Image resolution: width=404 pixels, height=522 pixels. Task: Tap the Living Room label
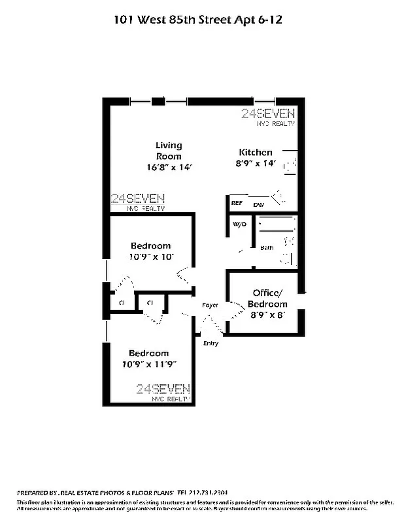tap(169, 151)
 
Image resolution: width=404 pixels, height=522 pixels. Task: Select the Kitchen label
tap(255, 151)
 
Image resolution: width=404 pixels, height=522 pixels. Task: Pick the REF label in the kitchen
tap(237, 204)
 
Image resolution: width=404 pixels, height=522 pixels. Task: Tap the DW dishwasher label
tap(258, 205)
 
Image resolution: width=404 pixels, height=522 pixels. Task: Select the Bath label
tap(267, 248)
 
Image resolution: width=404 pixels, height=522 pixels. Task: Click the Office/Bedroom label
tap(267, 299)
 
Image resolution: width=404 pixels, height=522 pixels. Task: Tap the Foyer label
tap(210, 305)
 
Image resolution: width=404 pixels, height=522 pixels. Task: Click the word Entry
tap(211, 343)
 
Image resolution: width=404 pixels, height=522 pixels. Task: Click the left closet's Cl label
tap(122, 303)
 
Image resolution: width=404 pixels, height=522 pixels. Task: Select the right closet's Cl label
tap(150, 303)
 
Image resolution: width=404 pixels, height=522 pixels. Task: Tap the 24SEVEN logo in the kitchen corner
tap(268, 115)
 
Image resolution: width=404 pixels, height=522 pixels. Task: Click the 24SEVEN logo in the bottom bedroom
tap(163, 390)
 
